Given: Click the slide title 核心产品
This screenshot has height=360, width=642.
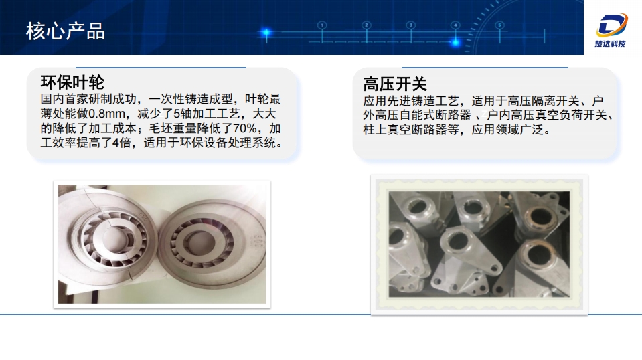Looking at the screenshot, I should pos(66,31).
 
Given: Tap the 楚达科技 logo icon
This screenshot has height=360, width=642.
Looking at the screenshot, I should pos(613,25).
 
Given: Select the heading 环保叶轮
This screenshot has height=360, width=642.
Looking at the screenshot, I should pos(73,82).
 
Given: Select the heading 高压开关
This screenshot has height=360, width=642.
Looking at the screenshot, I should pos(395,84).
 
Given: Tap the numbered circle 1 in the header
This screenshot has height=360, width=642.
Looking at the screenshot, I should pos(322,25).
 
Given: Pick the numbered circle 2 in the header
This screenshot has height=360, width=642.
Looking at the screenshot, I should pos(366,25).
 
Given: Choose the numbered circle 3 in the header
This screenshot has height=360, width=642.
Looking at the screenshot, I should pos(410,25).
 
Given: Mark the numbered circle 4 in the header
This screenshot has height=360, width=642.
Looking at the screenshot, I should pos(455,25).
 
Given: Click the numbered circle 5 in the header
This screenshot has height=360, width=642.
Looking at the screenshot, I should pos(499,25).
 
